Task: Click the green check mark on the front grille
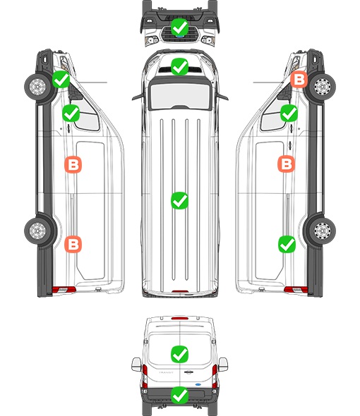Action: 179,27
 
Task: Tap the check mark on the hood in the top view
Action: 179,66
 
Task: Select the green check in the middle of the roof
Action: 179,200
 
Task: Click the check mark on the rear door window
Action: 179,354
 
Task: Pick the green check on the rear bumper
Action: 179,395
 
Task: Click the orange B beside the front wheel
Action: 299,80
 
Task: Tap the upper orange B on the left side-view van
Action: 73,164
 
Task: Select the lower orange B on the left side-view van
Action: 73,244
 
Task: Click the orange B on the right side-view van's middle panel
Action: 286,164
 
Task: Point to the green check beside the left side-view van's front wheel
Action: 61,80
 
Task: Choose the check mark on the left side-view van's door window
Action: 71,113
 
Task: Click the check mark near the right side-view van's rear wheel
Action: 287,244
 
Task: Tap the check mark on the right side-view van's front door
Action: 289,113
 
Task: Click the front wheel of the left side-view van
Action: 37,87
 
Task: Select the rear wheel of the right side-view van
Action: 323,231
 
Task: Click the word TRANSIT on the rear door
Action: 166,372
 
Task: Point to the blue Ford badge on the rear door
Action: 198,384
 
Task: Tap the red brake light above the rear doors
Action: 180,318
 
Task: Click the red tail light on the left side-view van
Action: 64,290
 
